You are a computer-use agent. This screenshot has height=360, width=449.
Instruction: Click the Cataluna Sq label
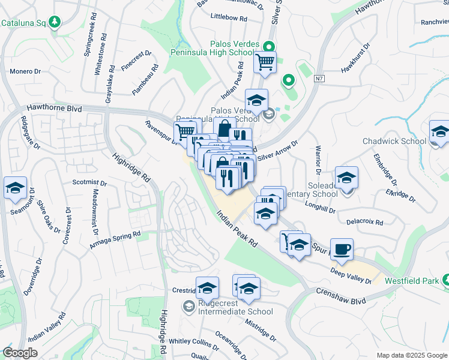point(24,23)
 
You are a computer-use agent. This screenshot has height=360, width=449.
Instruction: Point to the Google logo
point(20,353)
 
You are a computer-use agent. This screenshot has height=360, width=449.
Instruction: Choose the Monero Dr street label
point(25,71)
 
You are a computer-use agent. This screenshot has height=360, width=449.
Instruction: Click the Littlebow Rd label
point(229,19)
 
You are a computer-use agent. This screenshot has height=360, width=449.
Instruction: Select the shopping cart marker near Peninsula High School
point(265,61)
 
